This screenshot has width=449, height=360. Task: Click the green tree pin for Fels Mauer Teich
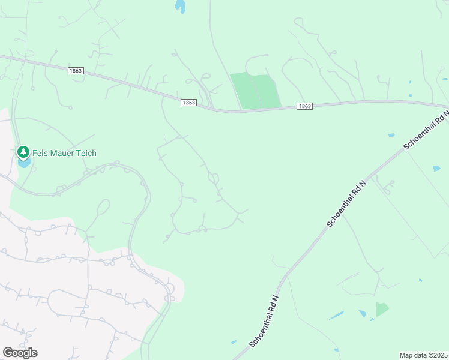pyautogui.click(x=23, y=152)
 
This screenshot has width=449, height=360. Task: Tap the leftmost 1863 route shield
pyautogui.click(x=76, y=71)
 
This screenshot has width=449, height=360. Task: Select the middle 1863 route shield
pyautogui.click(x=188, y=103)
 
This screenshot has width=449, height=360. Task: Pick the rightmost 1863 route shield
pyautogui.click(x=305, y=106)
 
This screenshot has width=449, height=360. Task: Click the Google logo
pyautogui.click(x=20, y=352)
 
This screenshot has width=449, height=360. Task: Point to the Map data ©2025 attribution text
pyautogui.click(x=423, y=355)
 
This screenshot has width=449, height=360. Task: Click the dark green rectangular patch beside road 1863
pyautogui.click(x=256, y=91)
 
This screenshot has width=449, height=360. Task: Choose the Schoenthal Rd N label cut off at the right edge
pyautogui.click(x=426, y=129)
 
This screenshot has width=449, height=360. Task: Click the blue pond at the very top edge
pyautogui.click(x=179, y=7)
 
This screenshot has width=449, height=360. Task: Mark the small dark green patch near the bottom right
pyautogui.click(x=382, y=309)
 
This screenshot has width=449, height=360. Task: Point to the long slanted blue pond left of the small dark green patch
pyautogui.click(x=336, y=316)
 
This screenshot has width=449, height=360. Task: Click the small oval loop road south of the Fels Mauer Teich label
pyautogui.click(x=103, y=208)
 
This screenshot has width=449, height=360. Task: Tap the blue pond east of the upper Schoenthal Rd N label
pyautogui.click(x=436, y=169)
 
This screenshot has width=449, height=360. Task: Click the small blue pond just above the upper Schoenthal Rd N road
pyautogui.click(x=391, y=135)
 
